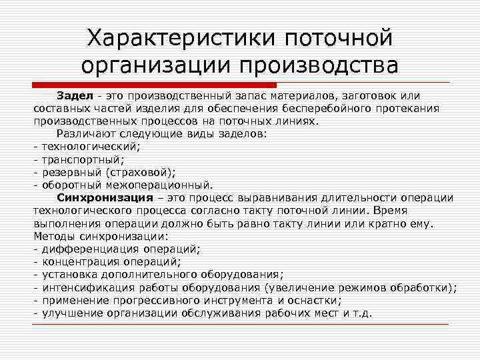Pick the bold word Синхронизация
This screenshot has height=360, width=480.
[100, 198]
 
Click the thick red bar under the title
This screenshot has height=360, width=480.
[154, 85]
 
